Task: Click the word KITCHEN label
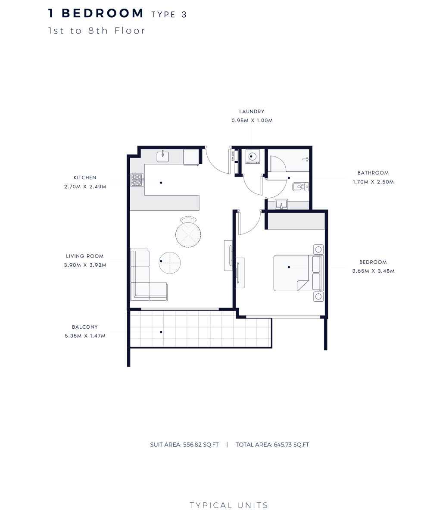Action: click(x=84, y=178)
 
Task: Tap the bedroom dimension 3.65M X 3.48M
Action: click(x=373, y=271)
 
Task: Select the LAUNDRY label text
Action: click(x=252, y=112)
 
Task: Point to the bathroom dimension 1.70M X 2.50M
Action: click(x=373, y=182)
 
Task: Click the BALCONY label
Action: click(x=84, y=327)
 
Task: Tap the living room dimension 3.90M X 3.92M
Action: click(x=84, y=265)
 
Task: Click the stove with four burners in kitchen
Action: click(x=137, y=180)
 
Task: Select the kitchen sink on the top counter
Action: click(x=163, y=156)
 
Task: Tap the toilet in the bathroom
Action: click(x=299, y=187)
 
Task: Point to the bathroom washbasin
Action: click(x=282, y=204)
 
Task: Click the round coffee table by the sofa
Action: click(x=169, y=262)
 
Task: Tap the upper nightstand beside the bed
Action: click(x=318, y=249)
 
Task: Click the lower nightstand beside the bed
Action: click(x=318, y=296)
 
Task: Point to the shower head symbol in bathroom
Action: click(x=306, y=159)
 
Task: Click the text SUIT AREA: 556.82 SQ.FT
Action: click(x=184, y=445)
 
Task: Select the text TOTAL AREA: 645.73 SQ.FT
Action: click(x=272, y=445)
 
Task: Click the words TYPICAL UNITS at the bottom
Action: click(x=229, y=505)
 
